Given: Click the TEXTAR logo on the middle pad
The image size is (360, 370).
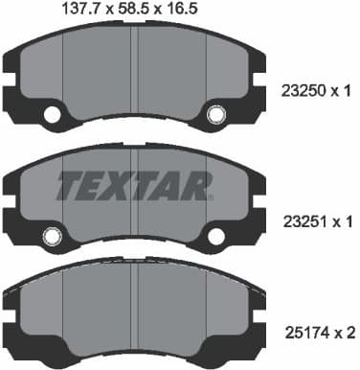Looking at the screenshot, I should (x=133, y=183).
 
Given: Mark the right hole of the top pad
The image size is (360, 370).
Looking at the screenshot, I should (x=216, y=116).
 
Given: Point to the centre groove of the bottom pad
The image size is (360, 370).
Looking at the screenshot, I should (x=134, y=307).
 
